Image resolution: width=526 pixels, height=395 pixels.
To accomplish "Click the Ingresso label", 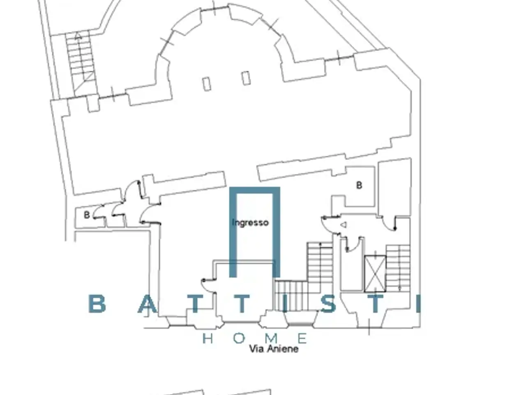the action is click(250, 223).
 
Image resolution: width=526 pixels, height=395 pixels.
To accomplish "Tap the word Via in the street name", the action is click(257, 349).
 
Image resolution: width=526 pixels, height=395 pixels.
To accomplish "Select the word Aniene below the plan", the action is click(283, 349).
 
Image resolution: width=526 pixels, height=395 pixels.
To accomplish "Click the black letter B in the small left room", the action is click(87, 215).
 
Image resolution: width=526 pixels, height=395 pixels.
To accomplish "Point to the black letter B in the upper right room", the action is click(359, 185).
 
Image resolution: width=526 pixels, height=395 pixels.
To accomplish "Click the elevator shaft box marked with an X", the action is click(375, 274).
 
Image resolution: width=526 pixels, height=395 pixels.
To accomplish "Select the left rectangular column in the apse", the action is click(207, 84).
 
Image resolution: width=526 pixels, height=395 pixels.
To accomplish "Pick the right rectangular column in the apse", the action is click(246, 78).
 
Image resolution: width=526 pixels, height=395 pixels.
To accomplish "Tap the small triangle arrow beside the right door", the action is click(344, 225).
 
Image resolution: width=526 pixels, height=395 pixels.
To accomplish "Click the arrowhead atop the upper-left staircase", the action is click(78, 37).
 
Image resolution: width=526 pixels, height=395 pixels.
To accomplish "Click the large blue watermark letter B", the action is click(97, 304).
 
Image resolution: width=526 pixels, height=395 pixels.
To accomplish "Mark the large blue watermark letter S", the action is click(328, 304).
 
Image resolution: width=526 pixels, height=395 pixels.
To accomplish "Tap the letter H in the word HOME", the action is click(208, 339).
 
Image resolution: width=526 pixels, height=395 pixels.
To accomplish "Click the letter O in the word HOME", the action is click(239, 339).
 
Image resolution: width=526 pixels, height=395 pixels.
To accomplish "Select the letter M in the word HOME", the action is click(271, 339).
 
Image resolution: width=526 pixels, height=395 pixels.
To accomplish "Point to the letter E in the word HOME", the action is click(302, 339).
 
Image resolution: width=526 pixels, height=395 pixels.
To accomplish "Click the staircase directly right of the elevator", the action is click(398, 268).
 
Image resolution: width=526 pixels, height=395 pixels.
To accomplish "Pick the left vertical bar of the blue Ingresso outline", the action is click(233, 232).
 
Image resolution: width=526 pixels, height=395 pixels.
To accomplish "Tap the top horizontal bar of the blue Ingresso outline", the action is click(255, 190).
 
